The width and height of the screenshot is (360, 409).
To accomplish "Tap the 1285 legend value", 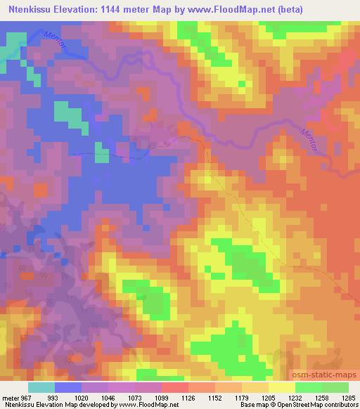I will (347, 397).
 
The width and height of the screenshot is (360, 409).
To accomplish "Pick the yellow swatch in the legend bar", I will (281, 387).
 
